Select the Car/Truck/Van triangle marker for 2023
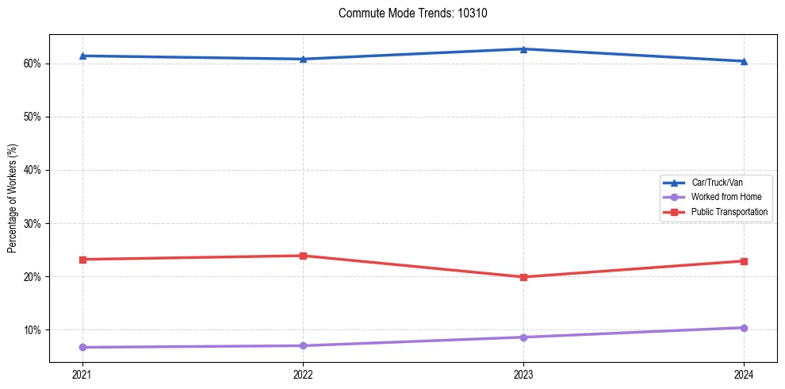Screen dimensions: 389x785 pos(523,49)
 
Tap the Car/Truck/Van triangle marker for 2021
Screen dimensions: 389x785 pos(82,56)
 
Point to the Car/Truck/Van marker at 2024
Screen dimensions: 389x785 pos(744,61)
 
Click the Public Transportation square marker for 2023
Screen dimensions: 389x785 pos(523,277)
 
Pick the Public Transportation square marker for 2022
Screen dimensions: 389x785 pos(303,256)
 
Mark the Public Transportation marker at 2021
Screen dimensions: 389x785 pos(82,260)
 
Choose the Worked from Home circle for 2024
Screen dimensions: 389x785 pos(744,328)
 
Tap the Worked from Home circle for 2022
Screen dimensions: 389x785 pos(303,345)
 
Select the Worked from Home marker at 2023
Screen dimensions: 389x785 pos(523,337)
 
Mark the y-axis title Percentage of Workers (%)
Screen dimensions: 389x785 pos(12,198)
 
